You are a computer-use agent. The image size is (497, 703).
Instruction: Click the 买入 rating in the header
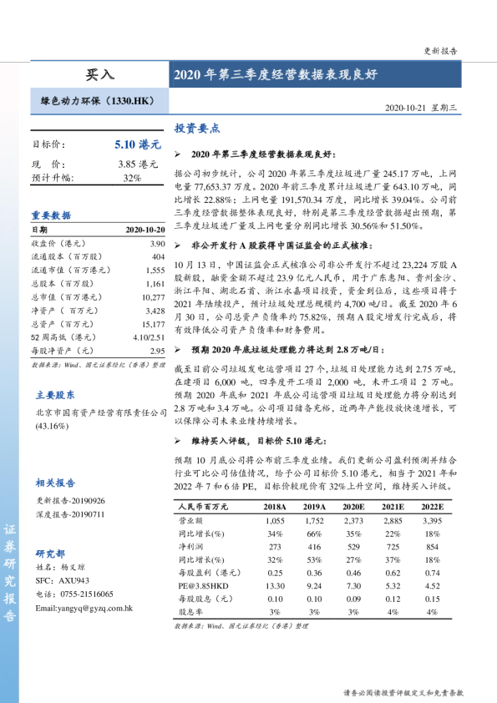(99, 74)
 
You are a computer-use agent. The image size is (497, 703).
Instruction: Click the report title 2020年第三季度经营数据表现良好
(275, 74)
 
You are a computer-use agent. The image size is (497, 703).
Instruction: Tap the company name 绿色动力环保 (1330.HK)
(98, 101)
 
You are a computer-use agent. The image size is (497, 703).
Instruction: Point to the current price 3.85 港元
(138, 164)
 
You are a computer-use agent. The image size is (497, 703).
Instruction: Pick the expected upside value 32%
(132, 178)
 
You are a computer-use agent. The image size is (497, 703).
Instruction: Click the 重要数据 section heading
(52, 215)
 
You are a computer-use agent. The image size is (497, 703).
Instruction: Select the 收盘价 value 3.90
(157, 243)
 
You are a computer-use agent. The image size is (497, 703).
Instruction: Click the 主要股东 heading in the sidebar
(54, 395)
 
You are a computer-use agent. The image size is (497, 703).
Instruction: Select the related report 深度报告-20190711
(71, 514)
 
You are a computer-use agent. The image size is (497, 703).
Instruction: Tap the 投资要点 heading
(196, 129)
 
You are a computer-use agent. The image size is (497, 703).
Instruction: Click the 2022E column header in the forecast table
(432, 507)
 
